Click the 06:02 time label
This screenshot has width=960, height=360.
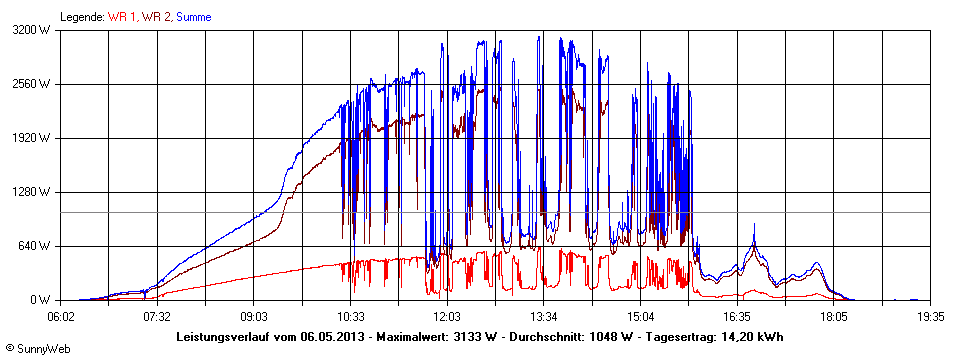[60, 316]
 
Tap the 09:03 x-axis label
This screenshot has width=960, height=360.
[254, 316]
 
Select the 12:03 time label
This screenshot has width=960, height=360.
[447, 316]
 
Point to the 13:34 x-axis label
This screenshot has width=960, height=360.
[544, 316]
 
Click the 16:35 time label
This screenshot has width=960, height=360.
[737, 316]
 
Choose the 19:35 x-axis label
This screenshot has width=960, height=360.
[930, 316]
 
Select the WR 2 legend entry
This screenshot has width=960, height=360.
[156, 17]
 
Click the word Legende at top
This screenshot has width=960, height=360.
[82, 17]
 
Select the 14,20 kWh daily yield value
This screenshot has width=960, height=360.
[750, 337]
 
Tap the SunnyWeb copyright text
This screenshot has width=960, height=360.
[36, 351]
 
